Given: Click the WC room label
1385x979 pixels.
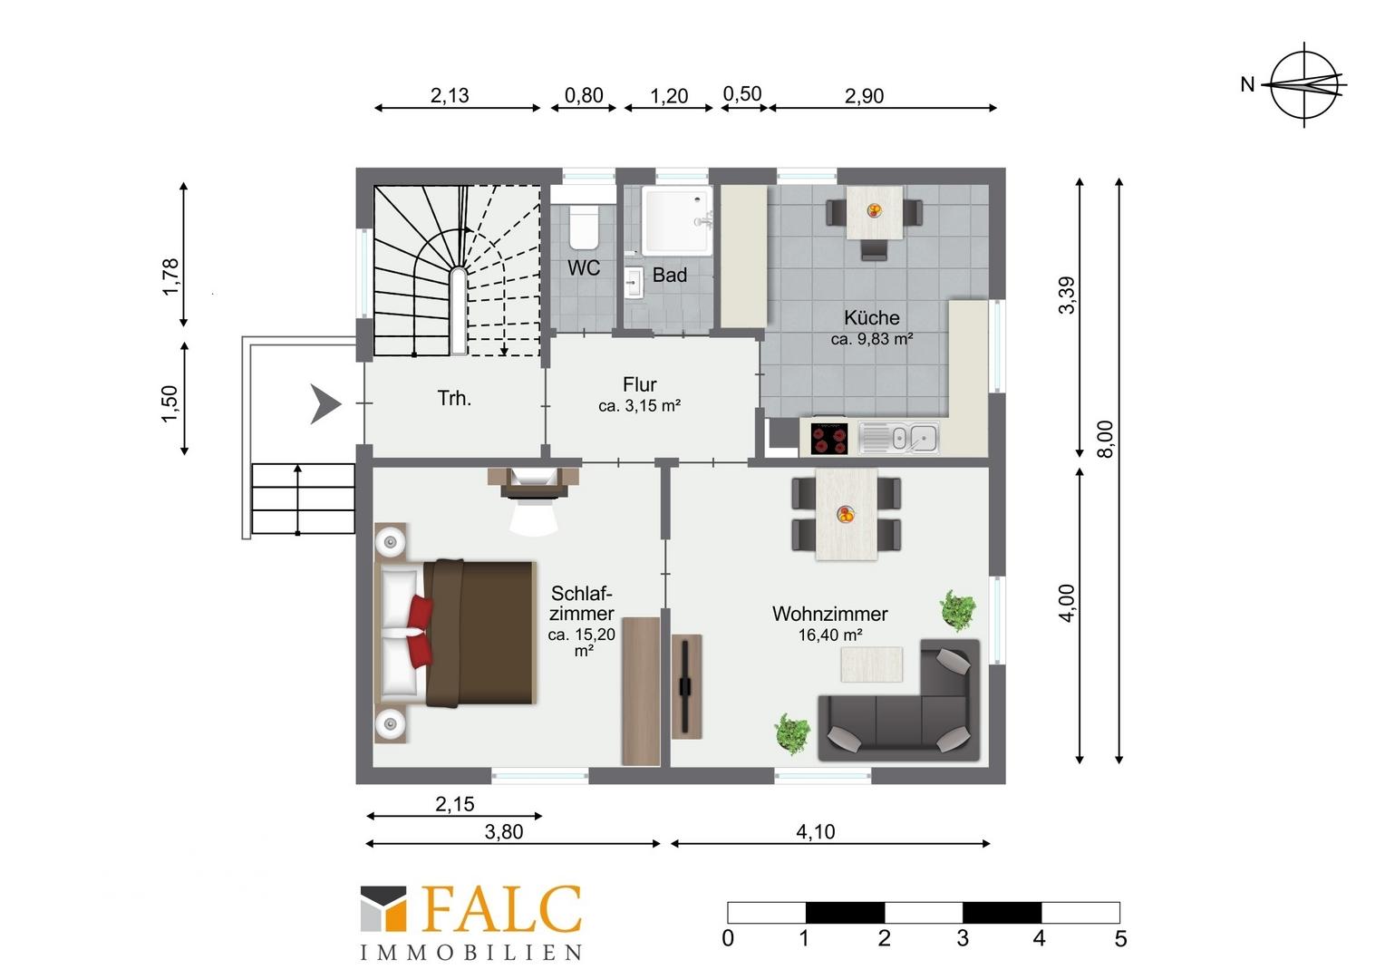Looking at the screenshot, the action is tap(583, 267).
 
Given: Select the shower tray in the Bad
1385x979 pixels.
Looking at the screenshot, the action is tap(676, 220).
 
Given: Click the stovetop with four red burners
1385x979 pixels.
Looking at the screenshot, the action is tap(829, 439).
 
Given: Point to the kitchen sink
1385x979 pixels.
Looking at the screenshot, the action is tap(899, 438).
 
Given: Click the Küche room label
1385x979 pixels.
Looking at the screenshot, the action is tap(872, 317).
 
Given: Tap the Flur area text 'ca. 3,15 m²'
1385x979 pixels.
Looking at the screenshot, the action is tap(639, 406).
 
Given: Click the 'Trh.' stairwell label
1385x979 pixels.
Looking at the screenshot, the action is tap(454, 398).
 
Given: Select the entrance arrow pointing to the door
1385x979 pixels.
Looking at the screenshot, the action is tap(325, 404).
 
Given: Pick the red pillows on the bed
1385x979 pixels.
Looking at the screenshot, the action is tap(420, 632).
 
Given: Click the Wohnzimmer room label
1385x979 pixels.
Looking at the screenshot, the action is tap(829, 614).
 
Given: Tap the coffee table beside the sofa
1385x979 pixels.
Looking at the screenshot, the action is tap(872, 664).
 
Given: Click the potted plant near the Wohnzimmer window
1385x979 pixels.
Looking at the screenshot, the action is tap(958, 609).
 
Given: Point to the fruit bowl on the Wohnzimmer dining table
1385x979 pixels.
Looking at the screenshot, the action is tap(846, 514).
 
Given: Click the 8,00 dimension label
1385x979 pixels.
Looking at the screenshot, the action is tap(1105, 439).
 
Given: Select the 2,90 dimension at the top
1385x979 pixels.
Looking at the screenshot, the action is tap(864, 96).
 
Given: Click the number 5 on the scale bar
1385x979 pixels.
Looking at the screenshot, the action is tap(1120, 939).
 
